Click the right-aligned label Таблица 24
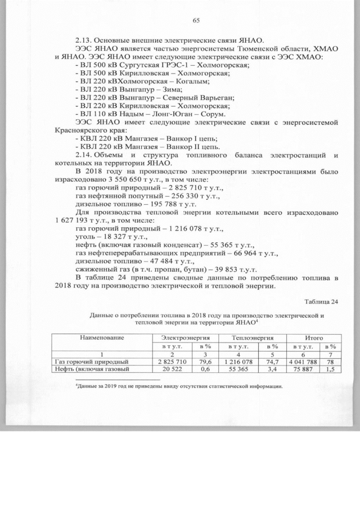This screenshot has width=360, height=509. coord(321,302)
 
